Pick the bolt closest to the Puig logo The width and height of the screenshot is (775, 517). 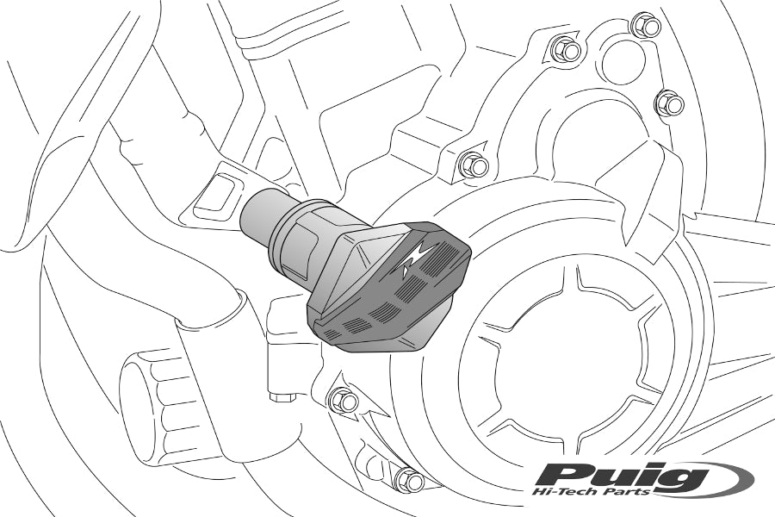[409, 478]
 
